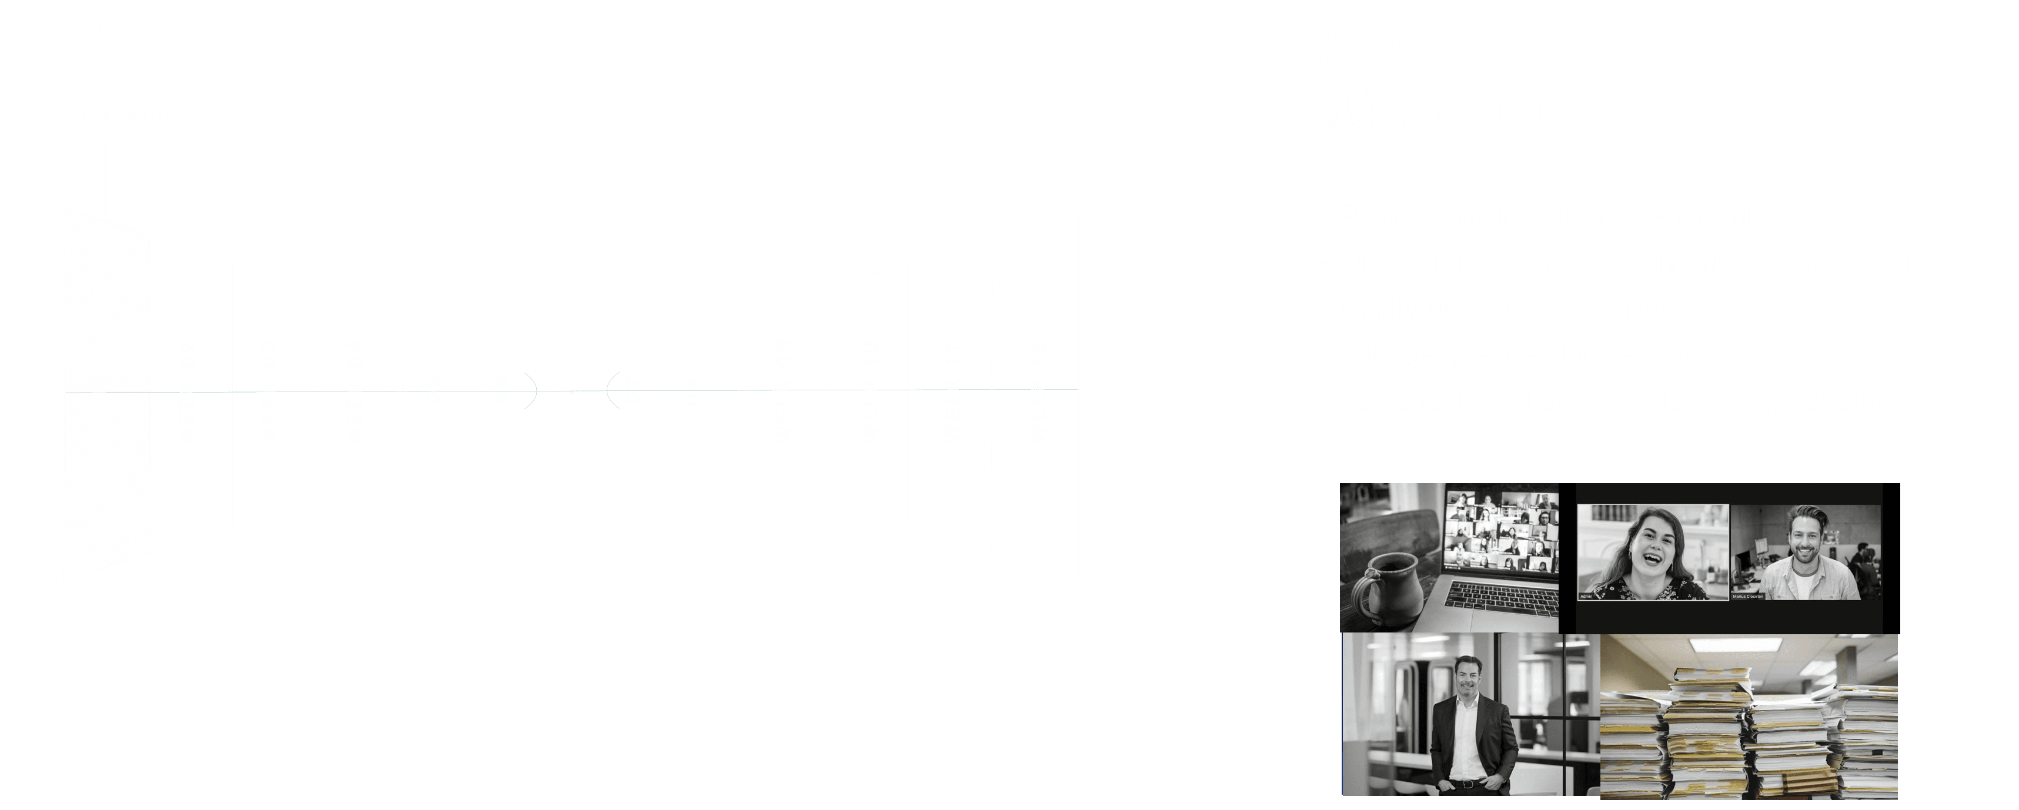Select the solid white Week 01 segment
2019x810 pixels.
tap(106, 396)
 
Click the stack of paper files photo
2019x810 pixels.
tap(1749, 717)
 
